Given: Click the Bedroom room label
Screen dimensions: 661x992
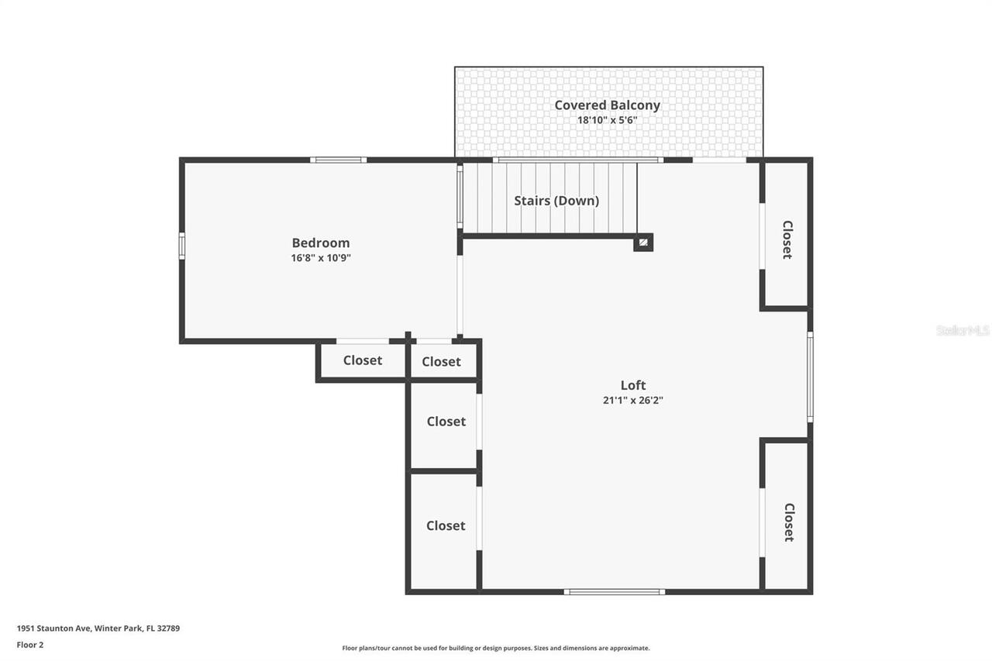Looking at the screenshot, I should pos(320,243).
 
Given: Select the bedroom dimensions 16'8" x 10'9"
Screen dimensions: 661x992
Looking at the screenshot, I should pos(321,258).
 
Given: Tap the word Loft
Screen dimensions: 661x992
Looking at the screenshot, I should pos(632,385).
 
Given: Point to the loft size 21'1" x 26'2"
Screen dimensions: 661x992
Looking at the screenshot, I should pos(632,401).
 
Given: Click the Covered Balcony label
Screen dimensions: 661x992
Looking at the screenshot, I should pos(607,105).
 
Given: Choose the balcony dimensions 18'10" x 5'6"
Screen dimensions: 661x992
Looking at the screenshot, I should pos(607,120).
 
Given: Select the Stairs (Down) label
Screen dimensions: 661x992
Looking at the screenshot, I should pos(556,201).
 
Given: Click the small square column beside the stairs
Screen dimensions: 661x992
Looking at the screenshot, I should pos(642,243).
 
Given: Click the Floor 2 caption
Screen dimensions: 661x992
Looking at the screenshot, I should pos(30,644).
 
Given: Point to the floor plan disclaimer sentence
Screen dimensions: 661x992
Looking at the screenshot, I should pos(496,648).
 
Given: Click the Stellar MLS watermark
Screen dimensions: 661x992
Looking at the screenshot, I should pos(963,330).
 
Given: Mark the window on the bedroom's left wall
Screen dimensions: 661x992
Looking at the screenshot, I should pos(182,246).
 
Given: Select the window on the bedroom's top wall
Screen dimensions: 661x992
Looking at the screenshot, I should pos(339,160).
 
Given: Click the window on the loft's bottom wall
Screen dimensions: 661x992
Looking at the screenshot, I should pos(614,592).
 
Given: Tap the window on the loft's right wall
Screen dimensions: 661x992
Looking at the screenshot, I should pos(810,377).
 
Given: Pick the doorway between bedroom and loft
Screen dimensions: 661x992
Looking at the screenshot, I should pos(460,295).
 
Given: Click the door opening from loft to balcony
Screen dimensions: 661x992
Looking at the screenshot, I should pos(719,160).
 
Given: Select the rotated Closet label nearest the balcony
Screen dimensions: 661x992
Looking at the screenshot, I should pos(787,239).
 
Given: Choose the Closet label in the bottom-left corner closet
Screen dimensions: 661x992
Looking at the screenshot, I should pos(446,525).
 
